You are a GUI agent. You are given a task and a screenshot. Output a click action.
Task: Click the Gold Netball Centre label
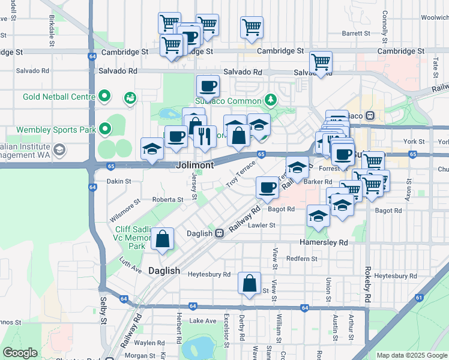pyautogui.click(x=59, y=97)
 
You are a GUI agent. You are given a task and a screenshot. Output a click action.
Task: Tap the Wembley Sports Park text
pyautogui.click(x=55, y=130)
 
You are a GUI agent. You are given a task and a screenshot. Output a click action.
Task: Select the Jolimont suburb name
pyautogui.click(x=196, y=164)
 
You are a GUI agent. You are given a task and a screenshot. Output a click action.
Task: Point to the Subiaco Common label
pyautogui.click(x=228, y=101)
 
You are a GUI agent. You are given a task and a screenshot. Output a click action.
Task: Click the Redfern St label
pyautogui.click(x=302, y=259)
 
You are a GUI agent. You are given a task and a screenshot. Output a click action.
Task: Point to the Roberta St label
pyautogui.click(x=167, y=200)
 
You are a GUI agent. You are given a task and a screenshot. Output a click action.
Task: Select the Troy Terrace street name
pyautogui.click(x=241, y=173)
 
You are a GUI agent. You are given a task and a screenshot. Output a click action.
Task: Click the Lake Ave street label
pyautogui.click(x=203, y=321)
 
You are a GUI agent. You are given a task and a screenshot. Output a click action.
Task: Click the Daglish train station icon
pyautogui.click(x=220, y=233)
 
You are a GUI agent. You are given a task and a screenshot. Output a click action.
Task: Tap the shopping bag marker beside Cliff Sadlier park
pyautogui.click(x=163, y=239)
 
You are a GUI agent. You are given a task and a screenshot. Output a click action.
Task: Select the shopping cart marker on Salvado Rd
pyautogui.click(x=321, y=62)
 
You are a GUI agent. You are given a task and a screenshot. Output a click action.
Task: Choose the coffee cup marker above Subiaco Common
pyautogui.click(x=208, y=86)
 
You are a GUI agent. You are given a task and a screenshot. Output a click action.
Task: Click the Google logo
pyautogui.click(x=19, y=353)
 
